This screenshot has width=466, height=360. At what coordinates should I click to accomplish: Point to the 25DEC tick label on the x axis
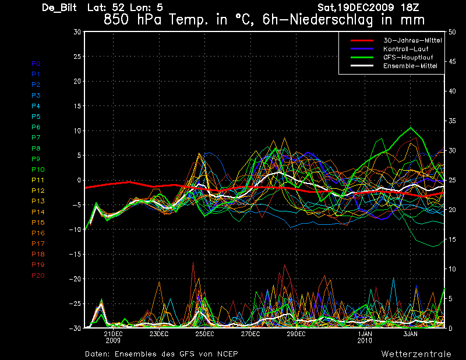(204, 334)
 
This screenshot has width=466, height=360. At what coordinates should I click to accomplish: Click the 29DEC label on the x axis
(296, 334)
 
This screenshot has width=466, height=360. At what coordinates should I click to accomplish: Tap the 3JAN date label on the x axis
(411, 334)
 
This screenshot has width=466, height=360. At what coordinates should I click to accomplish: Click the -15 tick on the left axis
(75, 255)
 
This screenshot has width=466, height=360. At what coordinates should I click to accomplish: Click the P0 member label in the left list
(36, 63)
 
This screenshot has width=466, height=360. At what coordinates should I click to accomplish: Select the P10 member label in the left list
(37, 170)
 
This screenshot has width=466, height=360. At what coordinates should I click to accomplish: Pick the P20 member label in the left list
(37, 276)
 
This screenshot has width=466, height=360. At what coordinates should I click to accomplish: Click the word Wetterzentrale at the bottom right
(416, 354)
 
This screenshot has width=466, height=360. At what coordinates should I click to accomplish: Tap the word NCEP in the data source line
(227, 354)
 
